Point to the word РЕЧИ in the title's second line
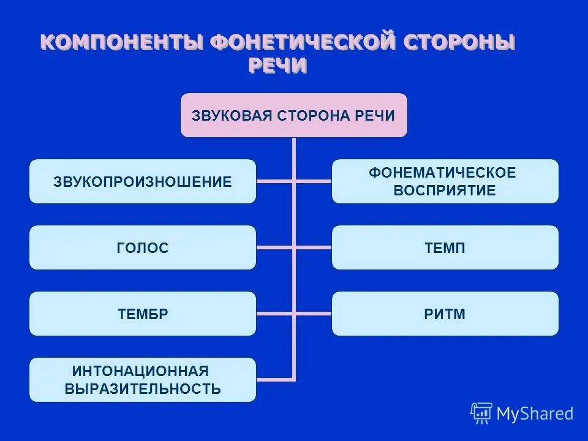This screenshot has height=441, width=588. click(x=277, y=66)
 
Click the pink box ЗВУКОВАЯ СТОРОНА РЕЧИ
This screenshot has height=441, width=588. click(x=293, y=115)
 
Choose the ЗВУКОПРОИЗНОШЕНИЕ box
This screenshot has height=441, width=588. click(x=142, y=181)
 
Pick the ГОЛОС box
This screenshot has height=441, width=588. click(x=142, y=247)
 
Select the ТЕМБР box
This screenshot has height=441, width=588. click(x=142, y=314)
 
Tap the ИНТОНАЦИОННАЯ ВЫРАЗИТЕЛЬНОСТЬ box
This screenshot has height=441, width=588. click(x=142, y=380)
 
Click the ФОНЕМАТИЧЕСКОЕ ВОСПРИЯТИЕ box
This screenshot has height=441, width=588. click(x=445, y=181)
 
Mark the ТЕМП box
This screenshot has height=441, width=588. click(x=445, y=247)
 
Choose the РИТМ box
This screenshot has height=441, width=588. click(x=445, y=314)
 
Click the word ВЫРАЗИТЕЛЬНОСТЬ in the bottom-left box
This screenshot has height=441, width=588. click(x=142, y=388)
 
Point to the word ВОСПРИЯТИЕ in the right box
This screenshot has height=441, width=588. click(x=444, y=190)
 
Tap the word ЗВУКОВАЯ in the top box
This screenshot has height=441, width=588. click(x=232, y=116)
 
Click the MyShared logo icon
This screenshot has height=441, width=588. click(x=481, y=413)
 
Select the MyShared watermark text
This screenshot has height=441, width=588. click(x=535, y=414)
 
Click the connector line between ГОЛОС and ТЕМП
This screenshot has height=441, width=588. click(x=276, y=247)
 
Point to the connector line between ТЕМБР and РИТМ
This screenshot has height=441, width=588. click(x=276, y=314)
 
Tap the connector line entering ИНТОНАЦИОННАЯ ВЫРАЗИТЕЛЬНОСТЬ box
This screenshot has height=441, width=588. click(x=276, y=380)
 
